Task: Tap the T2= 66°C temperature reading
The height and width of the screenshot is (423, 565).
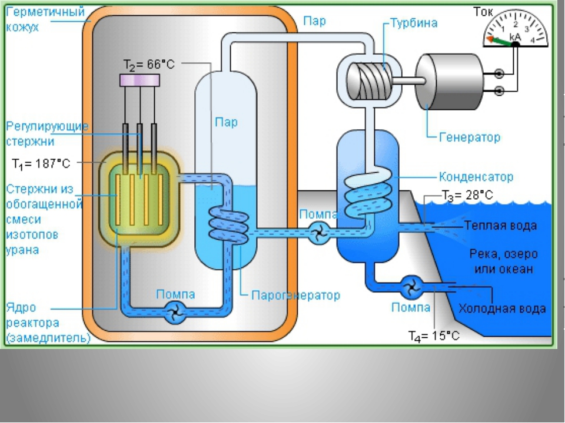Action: tap(150, 64)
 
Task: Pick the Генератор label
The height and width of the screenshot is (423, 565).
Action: tap(470, 137)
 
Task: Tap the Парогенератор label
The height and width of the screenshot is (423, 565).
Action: tap(295, 295)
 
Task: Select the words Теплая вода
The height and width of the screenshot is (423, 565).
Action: tap(500, 224)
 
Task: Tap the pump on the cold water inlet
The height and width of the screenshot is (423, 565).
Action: tap(409, 288)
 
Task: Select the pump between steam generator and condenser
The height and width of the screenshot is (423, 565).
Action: tap(319, 234)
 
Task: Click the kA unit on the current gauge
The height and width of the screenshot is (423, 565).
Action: tap(516, 36)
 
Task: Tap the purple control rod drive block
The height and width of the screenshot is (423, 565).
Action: tap(141, 79)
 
